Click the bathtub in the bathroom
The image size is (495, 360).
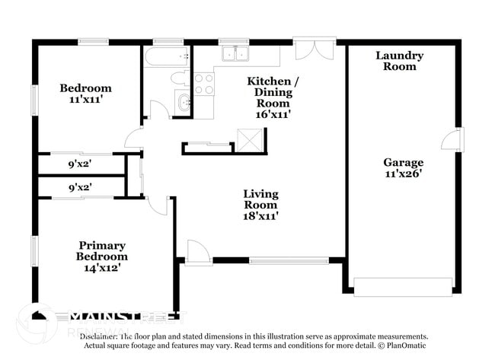[166, 56]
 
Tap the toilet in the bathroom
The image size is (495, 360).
[179, 78]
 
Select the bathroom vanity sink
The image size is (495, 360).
[182, 102]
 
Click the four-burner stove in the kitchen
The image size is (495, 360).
[203, 84]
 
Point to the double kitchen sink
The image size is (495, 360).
[235, 53]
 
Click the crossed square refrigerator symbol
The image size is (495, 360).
[249, 141]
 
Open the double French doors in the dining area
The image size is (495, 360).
[313, 48]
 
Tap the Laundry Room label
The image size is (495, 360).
[399, 61]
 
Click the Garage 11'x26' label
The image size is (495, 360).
[403, 167]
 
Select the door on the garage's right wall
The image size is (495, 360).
[455, 139]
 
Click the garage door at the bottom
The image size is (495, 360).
[403, 286]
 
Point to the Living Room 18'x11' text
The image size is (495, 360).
[260, 205]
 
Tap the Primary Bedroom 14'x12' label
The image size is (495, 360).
[101, 256]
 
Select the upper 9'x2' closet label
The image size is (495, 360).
[80, 164]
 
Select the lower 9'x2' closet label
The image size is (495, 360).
[80, 186]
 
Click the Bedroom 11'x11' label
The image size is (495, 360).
[85, 94]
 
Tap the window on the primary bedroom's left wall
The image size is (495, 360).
[34, 252]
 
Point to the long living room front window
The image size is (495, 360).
[289, 260]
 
